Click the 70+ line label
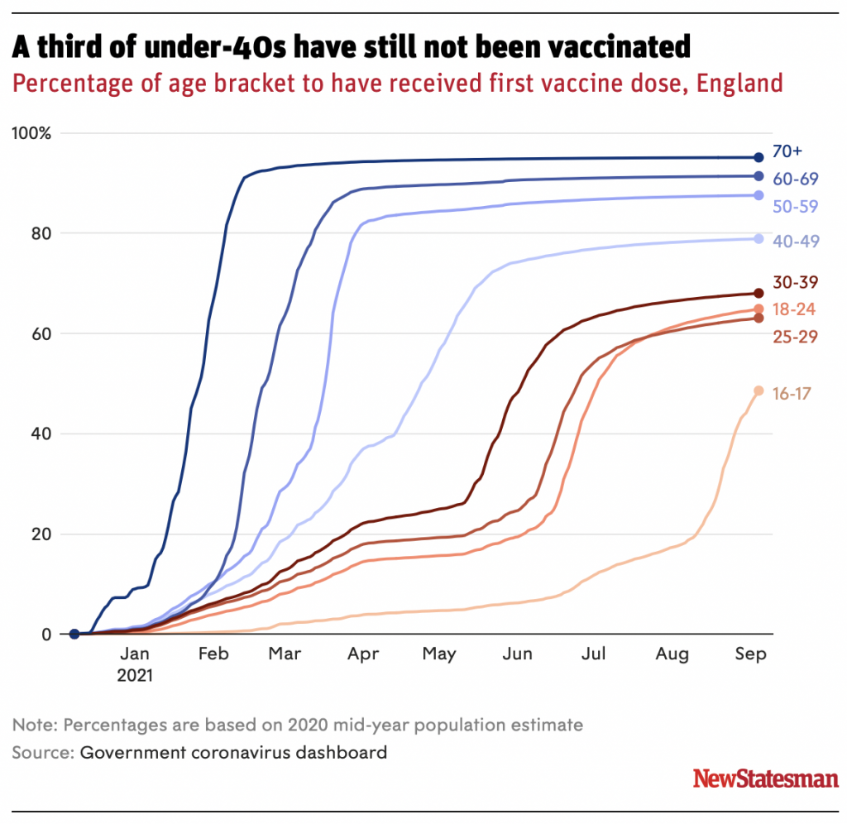point(787,151)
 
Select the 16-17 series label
point(792,394)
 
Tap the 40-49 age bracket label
point(795,242)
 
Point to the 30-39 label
point(795,283)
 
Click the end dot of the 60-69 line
point(758,176)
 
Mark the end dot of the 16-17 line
point(758,391)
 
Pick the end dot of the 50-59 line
point(758,195)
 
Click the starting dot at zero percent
point(74,635)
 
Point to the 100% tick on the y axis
point(31,133)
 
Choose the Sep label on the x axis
point(751,654)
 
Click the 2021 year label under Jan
point(135,674)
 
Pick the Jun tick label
point(518,654)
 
